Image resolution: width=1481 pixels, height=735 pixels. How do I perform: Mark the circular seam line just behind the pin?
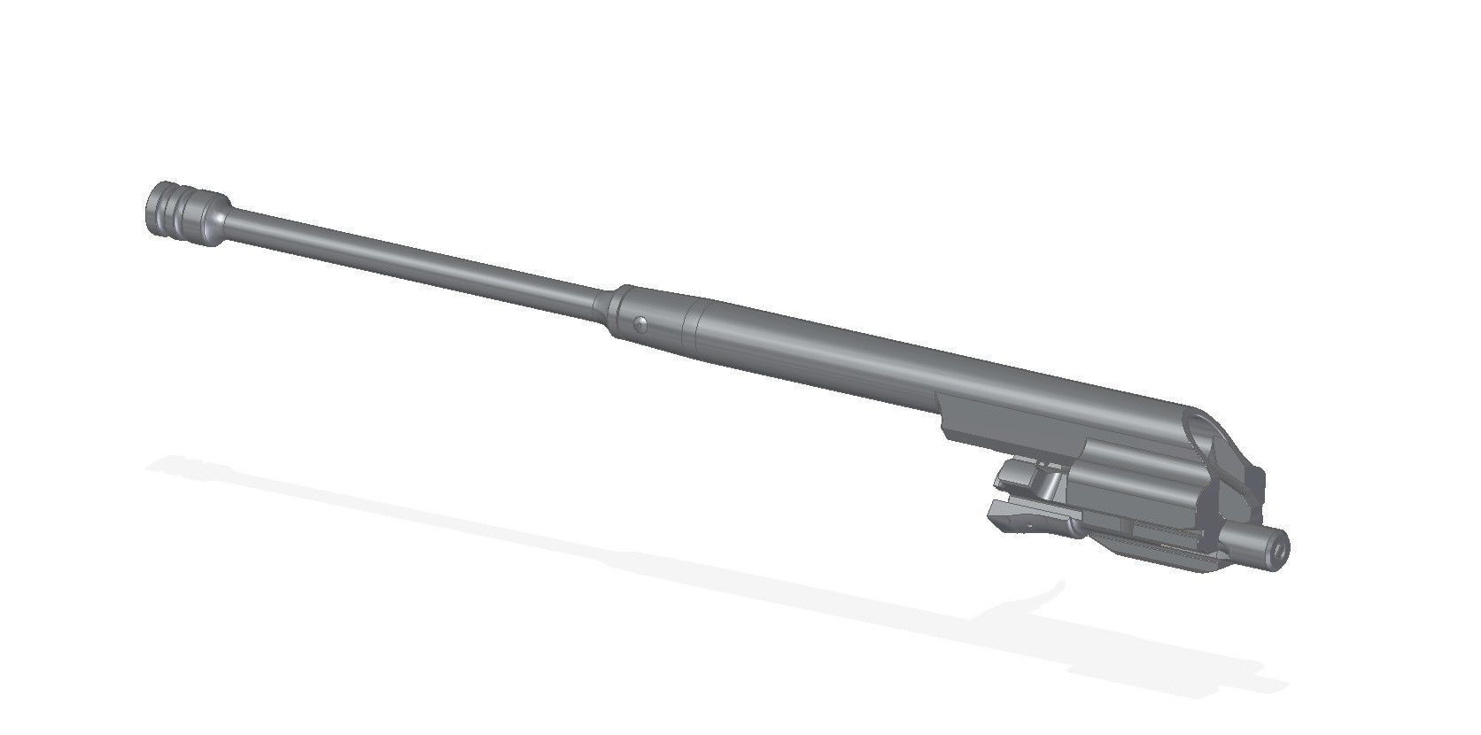coord(693,324)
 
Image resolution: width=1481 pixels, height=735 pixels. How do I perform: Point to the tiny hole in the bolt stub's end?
coord(1280,548)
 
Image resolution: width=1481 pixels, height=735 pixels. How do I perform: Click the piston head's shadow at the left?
coord(177,467)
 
